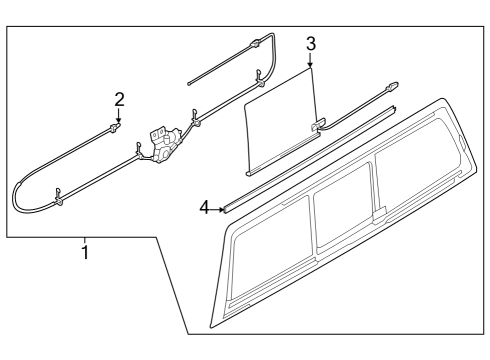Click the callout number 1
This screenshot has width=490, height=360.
pyautogui.click(x=85, y=253)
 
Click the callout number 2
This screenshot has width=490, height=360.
pyautogui.click(x=119, y=99)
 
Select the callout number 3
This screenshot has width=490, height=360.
pyautogui.click(x=311, y=44)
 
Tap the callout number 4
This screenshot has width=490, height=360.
pyautogui.click(x=204, y=208)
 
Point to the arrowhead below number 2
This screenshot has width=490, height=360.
pyautogui.click(x=119, y=119)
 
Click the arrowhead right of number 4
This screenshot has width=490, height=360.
pyautogui.click(x=221, y=209)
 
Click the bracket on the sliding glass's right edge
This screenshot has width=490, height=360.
pyautogui.click(x=318, y=125)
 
